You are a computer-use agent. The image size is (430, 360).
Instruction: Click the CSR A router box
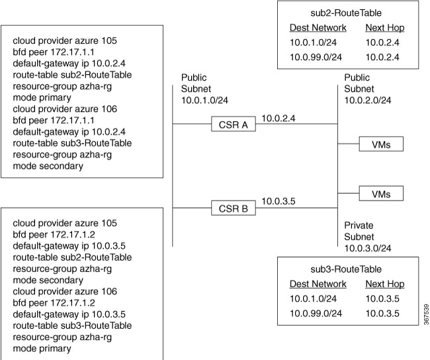(234, 124)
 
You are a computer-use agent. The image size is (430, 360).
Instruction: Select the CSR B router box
(234, 208)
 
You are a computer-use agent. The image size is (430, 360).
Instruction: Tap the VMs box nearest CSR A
(381, 144)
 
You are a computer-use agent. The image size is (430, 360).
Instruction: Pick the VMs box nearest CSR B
(381, 193)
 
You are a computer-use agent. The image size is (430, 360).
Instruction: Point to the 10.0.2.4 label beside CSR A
(279, 118)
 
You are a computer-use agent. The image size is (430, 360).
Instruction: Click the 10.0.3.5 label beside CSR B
(279, 201)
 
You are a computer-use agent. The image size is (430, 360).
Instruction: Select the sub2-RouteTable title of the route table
(346, 13)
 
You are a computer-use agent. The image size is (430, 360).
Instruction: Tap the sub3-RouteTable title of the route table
(346, 269)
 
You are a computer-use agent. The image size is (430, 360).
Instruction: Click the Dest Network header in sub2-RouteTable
(318, 28)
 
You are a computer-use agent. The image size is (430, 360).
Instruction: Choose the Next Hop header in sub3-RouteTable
(385, 284)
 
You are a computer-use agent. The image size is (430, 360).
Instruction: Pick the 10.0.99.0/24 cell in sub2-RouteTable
(316, 57)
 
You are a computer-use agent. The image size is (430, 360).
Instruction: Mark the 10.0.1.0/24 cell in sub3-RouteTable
(313, 298)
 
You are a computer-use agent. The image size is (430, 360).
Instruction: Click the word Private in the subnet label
(359, 225)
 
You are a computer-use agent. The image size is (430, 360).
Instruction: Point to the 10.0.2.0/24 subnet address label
(368, 100)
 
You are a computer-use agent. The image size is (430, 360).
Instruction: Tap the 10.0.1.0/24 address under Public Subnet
(204, 100)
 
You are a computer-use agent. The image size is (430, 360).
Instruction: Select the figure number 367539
(426, 314)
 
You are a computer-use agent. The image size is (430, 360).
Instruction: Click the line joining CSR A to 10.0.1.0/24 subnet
(192, 124)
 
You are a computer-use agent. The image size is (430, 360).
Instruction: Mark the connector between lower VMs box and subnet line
(348, 193)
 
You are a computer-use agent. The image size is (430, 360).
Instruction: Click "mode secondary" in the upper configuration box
(48, 166)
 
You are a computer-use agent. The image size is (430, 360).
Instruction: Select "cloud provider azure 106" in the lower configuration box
(65, 291)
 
